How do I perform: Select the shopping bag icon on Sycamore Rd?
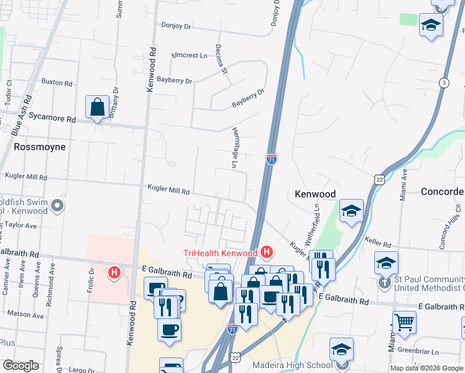[x=98, y=108]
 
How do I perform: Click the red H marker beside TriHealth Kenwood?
[x=267, y=252]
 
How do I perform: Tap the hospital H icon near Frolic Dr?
[x=114, y=272]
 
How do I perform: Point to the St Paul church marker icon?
[x=386, y=283]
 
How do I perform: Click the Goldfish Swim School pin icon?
[x=57, y=205]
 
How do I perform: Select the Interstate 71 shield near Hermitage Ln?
[x=271, y=159]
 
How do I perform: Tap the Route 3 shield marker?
[x=443, y=82]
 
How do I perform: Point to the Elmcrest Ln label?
[x=189, y=55]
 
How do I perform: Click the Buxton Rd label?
[x=56, y=81]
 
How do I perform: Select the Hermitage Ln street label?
[x=235, y=149]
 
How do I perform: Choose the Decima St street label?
[x=221, y=59]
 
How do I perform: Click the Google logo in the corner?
[x=21, y=366]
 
